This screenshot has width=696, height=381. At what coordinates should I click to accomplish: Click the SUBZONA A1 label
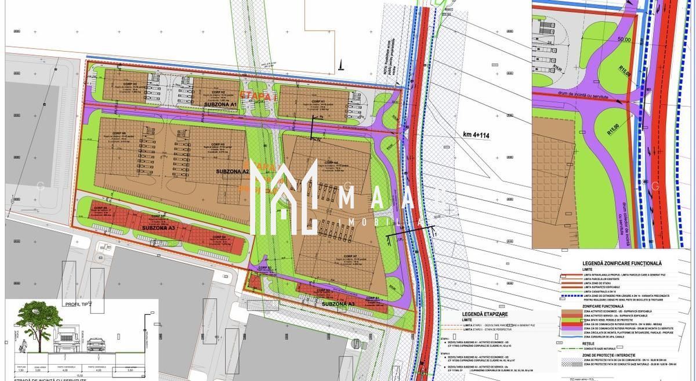click(x=216, y=104)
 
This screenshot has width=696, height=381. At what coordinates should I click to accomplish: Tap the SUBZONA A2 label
click(x=232, y=172)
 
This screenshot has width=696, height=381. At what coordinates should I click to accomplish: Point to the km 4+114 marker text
click(x=476, y=135)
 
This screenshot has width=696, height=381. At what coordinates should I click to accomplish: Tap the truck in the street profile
click(x=67, y=336)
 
